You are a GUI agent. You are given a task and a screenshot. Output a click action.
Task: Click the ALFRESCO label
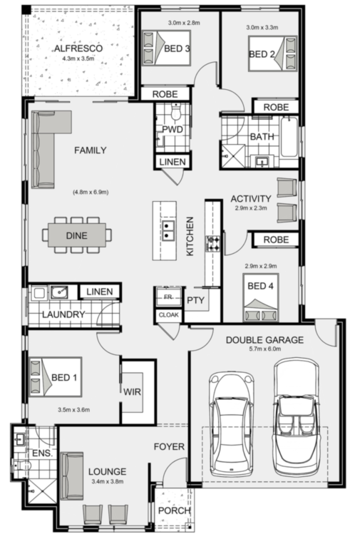pos(78,48)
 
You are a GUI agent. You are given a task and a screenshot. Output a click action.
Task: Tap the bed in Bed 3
pos(166,48)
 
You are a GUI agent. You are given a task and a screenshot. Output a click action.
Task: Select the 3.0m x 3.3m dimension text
pos(262,28)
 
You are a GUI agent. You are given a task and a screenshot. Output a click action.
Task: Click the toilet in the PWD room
pos(176,112)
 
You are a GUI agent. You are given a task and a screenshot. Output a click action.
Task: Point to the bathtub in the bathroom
pos(289,136)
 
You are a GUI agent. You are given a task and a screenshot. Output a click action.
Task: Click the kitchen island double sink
pos(168,230)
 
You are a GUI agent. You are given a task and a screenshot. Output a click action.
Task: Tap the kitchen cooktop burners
pos(213,244)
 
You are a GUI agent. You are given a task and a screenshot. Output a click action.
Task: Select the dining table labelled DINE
pos(77,235)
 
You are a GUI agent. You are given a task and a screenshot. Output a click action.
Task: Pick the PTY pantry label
pos(195,300)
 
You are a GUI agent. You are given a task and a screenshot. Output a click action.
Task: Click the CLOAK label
pos(168,315)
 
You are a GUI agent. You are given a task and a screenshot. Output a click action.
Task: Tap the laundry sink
pos(59,292)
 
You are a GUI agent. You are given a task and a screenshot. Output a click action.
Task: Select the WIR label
pos(132,391)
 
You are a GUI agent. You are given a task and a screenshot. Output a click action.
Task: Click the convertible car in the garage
pos(297,417)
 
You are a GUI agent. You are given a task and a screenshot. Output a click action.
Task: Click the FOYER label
pos(169,446)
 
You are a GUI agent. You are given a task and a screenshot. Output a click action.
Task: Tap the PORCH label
pos(175,510)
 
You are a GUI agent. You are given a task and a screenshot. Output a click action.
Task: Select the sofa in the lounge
pos(72,476)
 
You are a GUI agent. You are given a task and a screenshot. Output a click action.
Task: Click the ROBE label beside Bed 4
pos(276,240)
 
